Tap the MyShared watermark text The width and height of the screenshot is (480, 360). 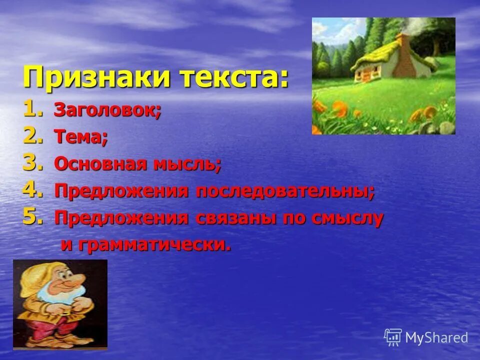(436, 337)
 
